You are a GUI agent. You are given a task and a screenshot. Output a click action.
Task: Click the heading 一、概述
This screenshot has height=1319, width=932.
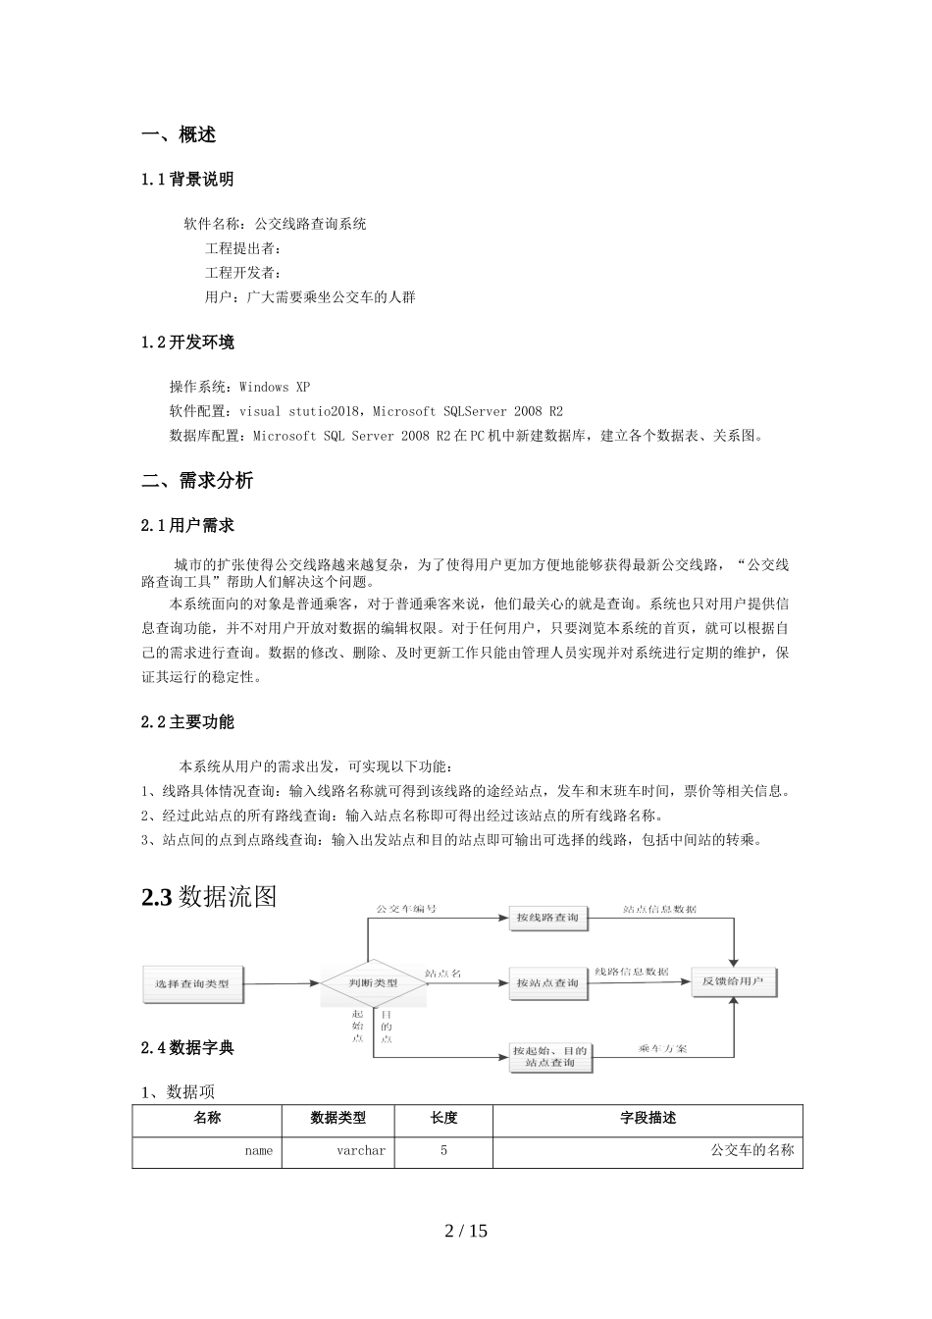point(179,135)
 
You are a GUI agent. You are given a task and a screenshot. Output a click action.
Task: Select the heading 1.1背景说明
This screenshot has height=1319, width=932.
point(187,180)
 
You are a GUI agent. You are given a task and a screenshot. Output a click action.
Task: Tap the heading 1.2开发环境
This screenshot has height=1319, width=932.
point(187,343)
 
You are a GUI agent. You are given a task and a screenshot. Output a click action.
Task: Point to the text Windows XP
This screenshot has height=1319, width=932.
point(275,387)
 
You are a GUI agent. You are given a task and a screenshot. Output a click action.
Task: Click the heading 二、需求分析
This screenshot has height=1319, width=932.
point(197,481)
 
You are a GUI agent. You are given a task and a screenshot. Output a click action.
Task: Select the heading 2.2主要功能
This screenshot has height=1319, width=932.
point(187,722)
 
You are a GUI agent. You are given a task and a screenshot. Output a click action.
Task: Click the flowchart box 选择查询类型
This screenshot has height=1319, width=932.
point(192,983)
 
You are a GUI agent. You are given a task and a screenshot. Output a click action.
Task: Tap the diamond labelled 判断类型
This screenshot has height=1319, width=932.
point(374,982)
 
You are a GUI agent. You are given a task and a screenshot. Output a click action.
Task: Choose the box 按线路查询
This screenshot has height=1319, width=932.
point(548,919)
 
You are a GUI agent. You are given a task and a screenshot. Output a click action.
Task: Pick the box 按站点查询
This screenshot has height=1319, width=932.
point(548,983)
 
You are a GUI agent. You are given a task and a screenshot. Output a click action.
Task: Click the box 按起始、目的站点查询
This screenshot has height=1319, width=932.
point(550,1057)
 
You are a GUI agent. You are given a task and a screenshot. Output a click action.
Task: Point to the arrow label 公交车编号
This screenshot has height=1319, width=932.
point(406,909)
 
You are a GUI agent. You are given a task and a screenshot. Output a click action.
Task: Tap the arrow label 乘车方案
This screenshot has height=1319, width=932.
point(662,1049)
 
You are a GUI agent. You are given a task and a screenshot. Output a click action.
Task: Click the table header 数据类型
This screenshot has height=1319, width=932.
point(338,1118)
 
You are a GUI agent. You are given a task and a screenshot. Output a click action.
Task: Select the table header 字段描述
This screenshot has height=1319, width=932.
point(647,1118)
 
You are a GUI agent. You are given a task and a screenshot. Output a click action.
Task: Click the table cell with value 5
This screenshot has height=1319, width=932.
point(443,1150)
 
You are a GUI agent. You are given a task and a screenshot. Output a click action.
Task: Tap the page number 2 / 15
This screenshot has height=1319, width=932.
point(466,1231)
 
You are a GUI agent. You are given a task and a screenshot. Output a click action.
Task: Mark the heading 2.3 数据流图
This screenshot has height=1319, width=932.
point(209,897)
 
